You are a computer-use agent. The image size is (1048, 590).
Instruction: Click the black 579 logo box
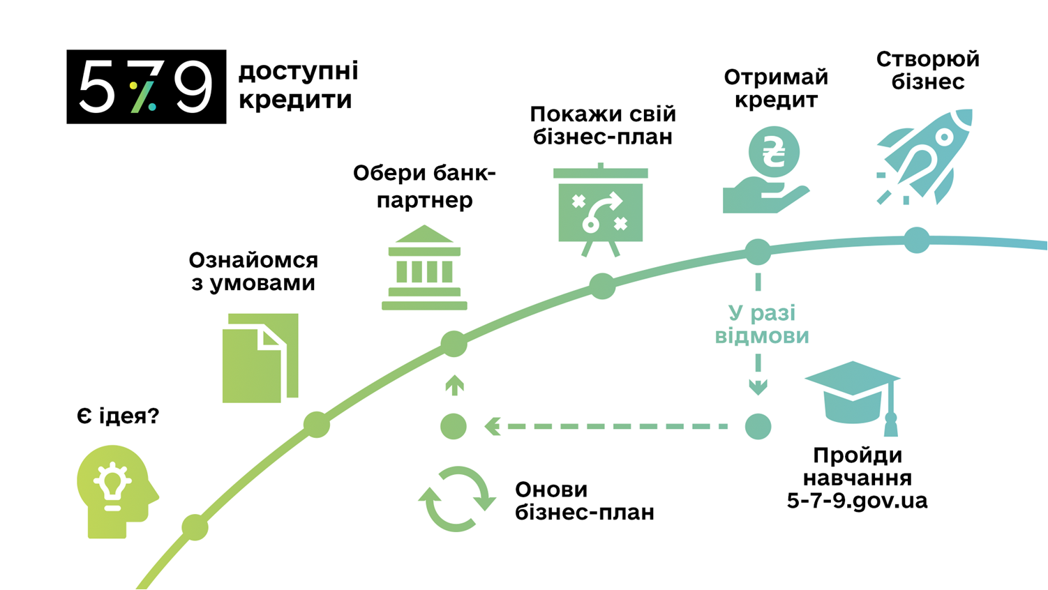[147, 86]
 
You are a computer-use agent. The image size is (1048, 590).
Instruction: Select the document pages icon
[260, 358]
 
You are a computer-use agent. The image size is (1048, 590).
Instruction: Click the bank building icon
[424, 268]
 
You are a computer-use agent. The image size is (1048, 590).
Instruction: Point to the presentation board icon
[601, 210]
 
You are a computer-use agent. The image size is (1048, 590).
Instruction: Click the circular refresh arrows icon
[457, 499]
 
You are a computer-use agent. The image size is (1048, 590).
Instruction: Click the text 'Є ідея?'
[117, 416]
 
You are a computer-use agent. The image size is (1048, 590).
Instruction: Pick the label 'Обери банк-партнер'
[424, 186]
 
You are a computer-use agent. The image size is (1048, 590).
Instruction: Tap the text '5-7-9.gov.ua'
[857, 501]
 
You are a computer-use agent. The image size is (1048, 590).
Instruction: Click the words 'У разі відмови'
[762, 324]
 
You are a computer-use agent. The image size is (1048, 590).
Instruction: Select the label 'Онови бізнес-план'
[584, 501]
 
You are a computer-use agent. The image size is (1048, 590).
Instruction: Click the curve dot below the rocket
[917, 240]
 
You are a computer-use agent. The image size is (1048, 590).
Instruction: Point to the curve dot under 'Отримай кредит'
[758, 252]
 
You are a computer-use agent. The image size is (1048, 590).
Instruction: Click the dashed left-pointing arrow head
[493, 426]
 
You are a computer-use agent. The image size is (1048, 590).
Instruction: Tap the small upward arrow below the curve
[454, 384]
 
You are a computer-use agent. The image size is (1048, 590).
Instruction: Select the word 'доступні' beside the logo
[299, 70]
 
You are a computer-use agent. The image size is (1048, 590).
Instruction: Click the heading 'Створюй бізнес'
[927, 70]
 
